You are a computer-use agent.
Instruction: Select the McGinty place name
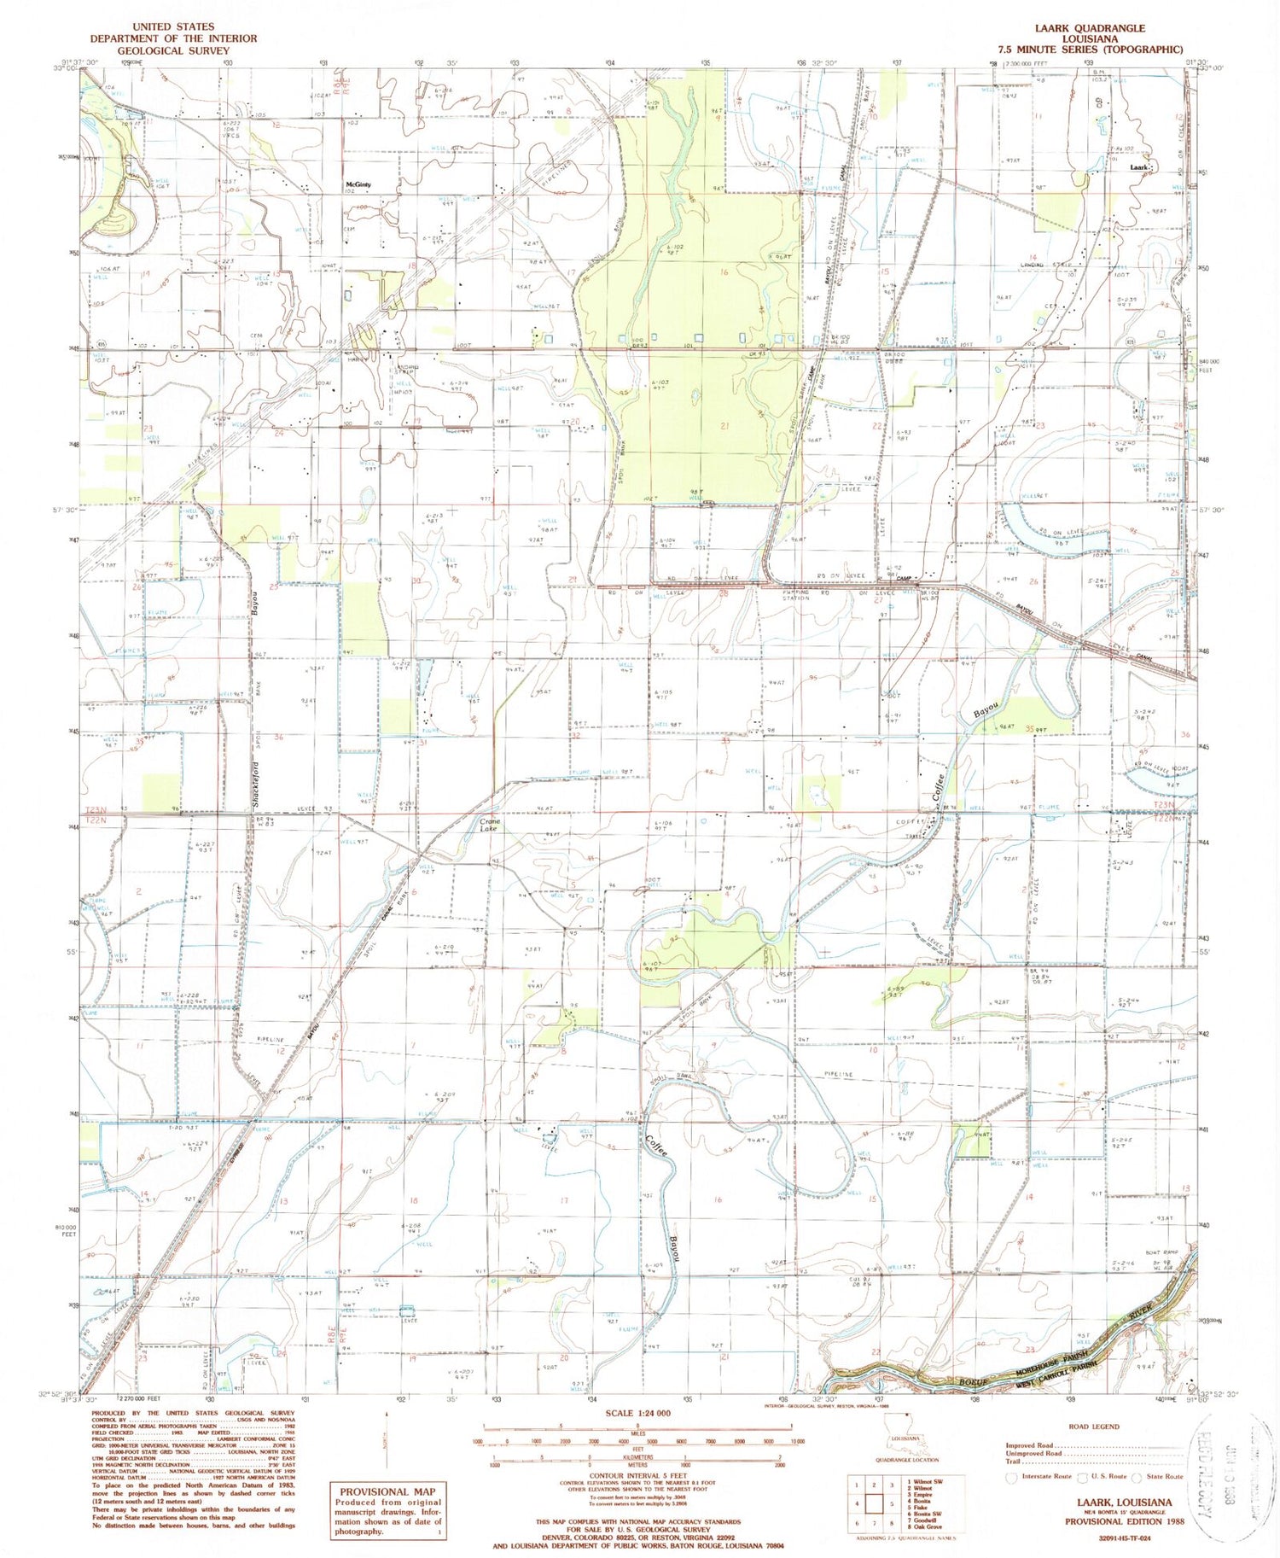click(358, 184)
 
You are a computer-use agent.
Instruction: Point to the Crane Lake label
click(488, 825)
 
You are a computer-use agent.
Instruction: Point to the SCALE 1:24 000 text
click(637, 1414)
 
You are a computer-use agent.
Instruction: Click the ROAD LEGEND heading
click(1092, 1427)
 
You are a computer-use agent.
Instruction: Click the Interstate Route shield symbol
click(1012, 1476)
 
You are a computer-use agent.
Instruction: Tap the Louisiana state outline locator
click(905, 1445)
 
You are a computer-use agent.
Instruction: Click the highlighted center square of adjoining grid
click(873, 1505)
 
